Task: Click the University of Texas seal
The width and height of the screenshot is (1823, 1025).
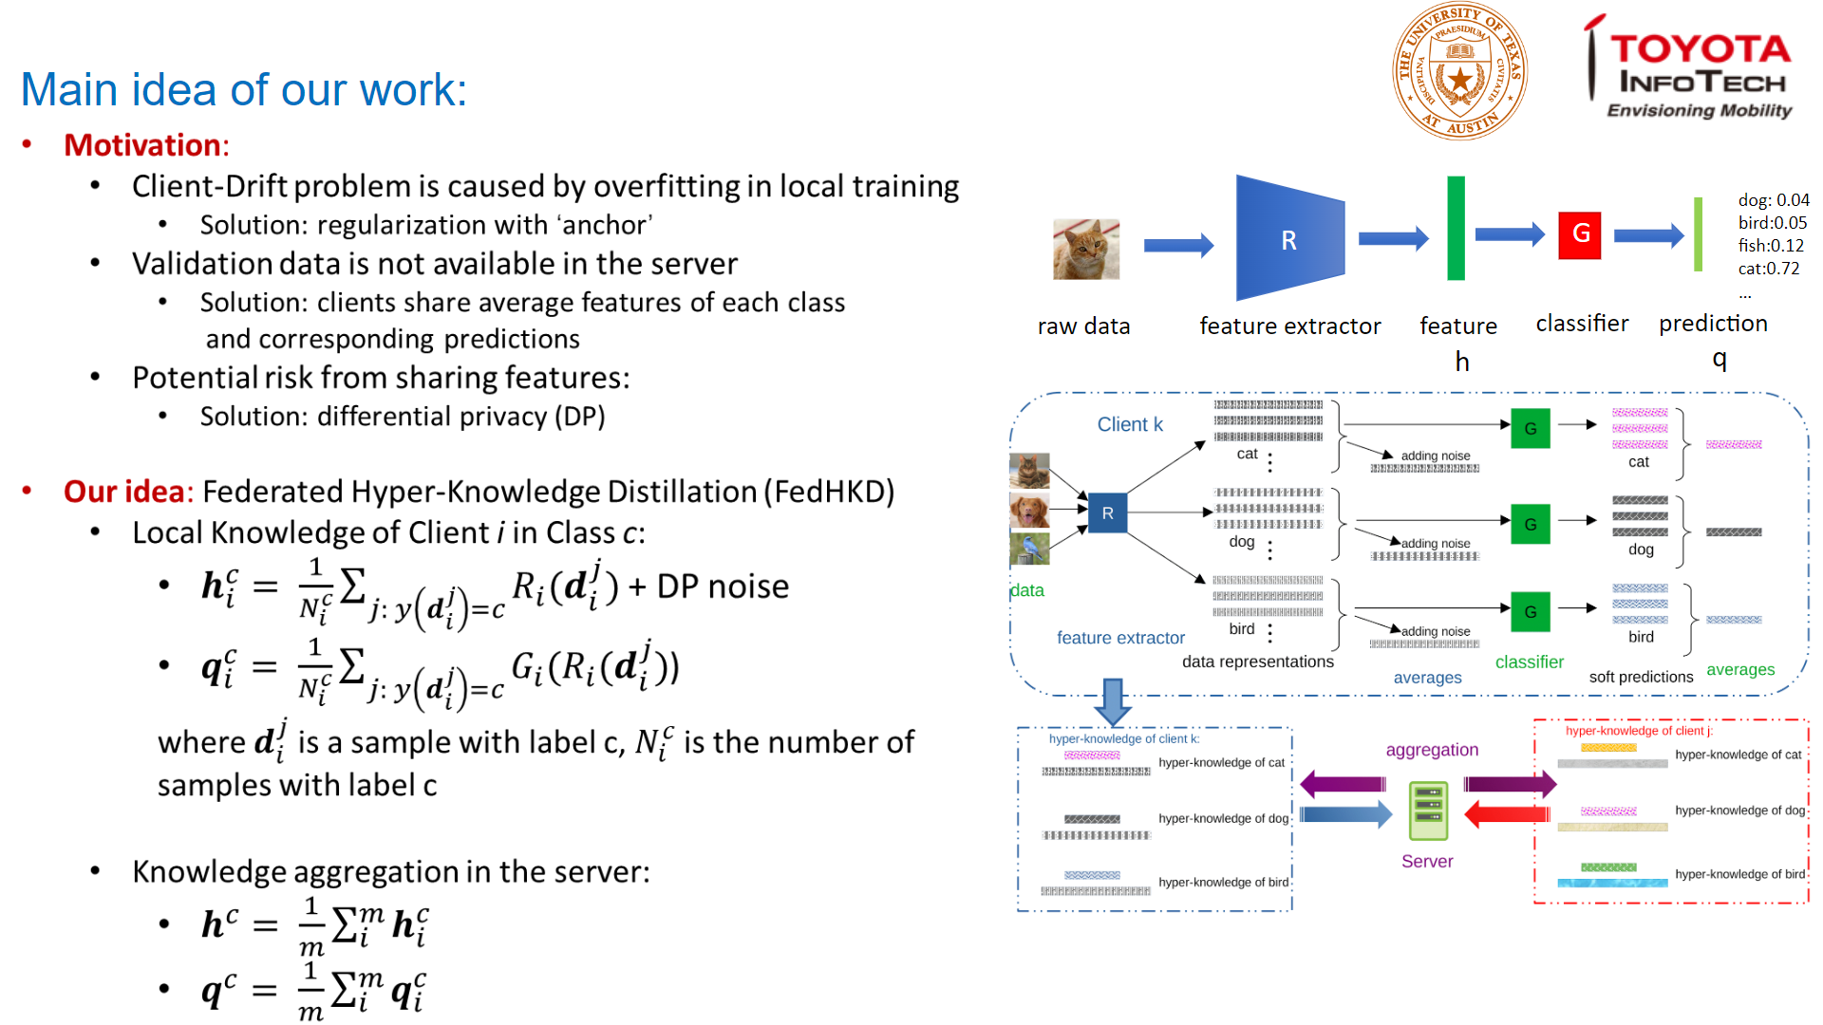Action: [1459, 72]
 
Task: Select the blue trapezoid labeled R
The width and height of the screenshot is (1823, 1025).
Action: [1289, 238]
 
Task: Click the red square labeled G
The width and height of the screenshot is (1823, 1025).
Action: [1580, 234]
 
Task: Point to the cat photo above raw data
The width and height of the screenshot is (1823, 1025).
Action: [1086, 249]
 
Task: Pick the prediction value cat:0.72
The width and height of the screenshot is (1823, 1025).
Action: [1769, 269]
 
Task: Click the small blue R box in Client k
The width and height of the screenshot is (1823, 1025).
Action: [1107, 513]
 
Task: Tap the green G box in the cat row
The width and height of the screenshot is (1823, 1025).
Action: [1530, 428]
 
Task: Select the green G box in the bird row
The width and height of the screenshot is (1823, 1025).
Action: [1530, 612]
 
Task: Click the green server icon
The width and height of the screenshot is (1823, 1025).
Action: [1428, 811]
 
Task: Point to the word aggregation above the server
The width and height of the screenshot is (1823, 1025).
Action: [1432, 750]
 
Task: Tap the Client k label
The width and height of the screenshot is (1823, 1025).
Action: [1130, 424]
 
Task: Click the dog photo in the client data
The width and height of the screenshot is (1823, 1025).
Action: [1029, 510]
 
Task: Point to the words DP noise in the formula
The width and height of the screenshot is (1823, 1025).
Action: [723, 587]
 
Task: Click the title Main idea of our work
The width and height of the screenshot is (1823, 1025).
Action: [244, 90]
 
